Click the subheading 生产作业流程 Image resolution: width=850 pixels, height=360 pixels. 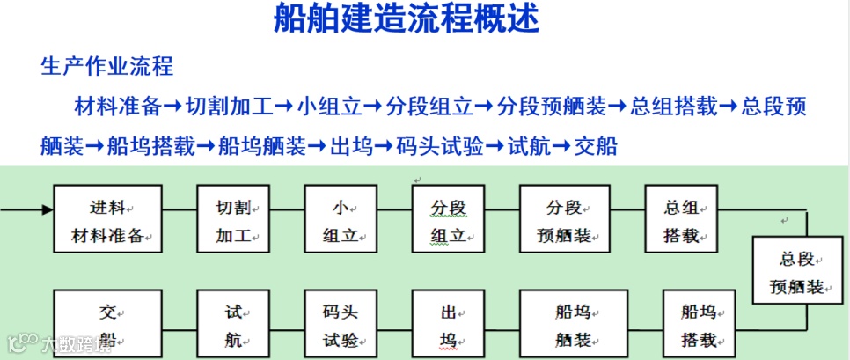(x=106, y=66)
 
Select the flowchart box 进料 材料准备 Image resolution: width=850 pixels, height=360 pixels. (x=108, y=220)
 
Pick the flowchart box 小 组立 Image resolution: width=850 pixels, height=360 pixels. (x=341, y=220)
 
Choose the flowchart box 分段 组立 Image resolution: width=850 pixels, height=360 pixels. (x=449, y=220)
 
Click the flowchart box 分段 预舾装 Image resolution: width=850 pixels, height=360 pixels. (x=565, y=220)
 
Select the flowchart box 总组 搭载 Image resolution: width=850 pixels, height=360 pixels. (x=682, y=220)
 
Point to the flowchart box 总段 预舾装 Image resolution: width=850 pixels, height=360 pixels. (x=797, y=271)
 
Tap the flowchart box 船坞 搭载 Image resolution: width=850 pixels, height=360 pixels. (x=699, y=324)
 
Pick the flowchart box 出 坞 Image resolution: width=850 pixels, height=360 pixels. (x=449, y=324)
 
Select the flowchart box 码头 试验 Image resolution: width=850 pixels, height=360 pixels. (x=341, y=324)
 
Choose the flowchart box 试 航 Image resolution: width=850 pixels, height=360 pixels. (x=233, y=324)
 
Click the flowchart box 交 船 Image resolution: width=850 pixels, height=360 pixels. (x=108, y=324)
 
